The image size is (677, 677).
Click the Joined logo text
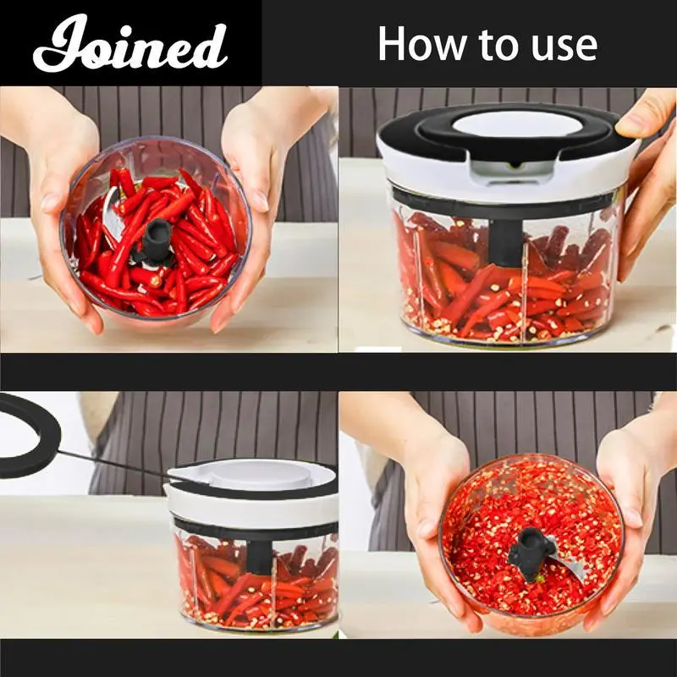[x=130, y=44]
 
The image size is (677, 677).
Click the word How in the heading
[x=424, y=44]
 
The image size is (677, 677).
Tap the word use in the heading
[x=564, y=47]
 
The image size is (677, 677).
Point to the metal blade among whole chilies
[x=113, y=215]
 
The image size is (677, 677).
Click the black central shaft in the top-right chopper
[x=505, y=242]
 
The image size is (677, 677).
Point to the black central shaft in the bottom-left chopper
[x=260, y=557]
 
